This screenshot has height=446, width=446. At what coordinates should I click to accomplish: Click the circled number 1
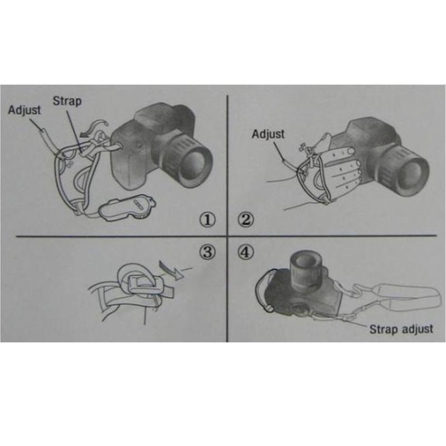[207, 220]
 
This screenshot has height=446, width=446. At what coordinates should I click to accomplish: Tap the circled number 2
[245, 220]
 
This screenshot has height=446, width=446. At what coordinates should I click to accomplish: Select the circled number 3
[207, 252]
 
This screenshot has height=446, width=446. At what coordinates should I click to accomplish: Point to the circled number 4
[245, 252]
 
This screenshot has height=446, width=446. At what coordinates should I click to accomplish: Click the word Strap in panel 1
[67, 101]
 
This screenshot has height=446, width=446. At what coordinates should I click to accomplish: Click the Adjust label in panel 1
[25, 110]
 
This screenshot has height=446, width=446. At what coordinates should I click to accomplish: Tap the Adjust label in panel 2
[268, 134]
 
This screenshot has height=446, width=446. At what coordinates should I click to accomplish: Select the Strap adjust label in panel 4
[401, 329]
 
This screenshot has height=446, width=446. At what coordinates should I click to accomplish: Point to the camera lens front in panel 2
[411, 173]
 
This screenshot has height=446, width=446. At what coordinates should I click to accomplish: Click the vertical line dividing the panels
[227, 219]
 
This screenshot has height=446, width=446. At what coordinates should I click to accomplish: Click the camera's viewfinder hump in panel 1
[165, 117]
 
